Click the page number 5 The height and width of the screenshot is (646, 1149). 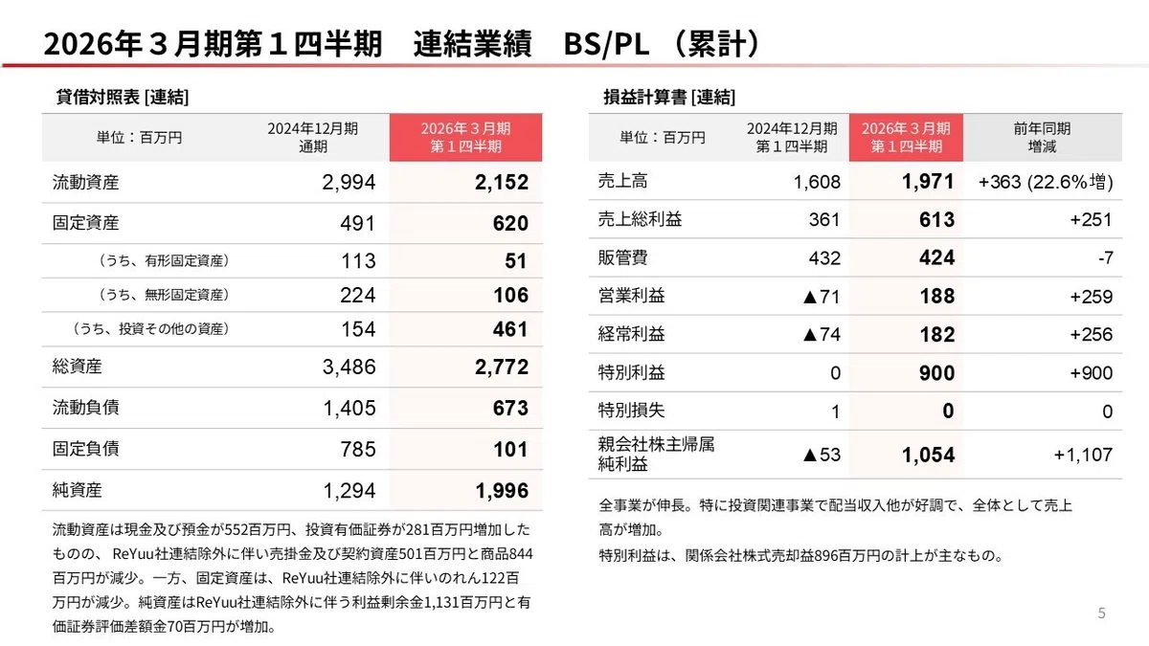coord(1101,613)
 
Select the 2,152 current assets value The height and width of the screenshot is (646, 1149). coord(501,182)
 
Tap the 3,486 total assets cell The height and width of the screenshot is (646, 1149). coord(349,367)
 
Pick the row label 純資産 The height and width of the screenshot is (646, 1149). coord(77,490)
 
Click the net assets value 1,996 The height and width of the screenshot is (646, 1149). coord(502,491)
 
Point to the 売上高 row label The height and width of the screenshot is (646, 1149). coord(622,181)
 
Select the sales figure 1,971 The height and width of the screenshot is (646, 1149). coord(928,182)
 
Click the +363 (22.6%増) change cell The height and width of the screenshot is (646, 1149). coord(1046,182)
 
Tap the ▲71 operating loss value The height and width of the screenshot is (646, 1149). coord(822,297)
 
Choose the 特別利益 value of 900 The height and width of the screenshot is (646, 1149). coord(936,372)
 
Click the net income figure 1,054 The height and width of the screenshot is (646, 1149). coord(928,455)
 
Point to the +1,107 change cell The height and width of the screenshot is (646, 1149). coord(1083,455)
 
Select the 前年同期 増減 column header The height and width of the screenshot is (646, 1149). coord(1042,138)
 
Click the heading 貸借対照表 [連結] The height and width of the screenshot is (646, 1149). coord(123,97)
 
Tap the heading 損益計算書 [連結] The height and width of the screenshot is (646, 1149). coord(669,97)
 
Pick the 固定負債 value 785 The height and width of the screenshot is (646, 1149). coord(358,449)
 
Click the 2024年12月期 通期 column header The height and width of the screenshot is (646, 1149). coord(312,138)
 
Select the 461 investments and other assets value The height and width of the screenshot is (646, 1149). coord(510,329)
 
